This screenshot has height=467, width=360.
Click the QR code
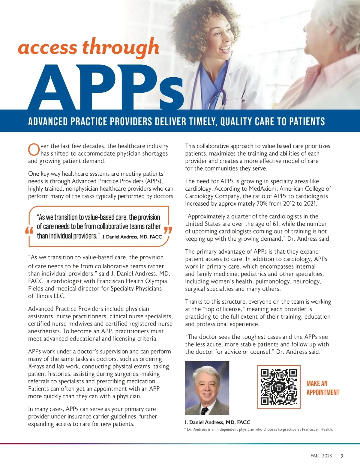tap(279, 387)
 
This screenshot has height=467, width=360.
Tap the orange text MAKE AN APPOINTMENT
tap(322, 388)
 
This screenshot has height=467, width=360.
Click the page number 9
tap(342, 456)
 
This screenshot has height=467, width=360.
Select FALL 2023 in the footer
tap(321, 456)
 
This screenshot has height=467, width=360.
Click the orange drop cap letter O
tap(34, 150)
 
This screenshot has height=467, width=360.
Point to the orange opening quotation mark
tap(29, 231)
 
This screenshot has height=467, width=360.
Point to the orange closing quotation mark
tap(168, 231)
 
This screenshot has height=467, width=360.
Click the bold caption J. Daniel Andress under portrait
tap(217, 422)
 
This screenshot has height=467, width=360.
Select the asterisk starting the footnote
tap(185, 429)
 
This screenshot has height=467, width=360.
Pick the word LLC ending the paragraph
tap(59, 296)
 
